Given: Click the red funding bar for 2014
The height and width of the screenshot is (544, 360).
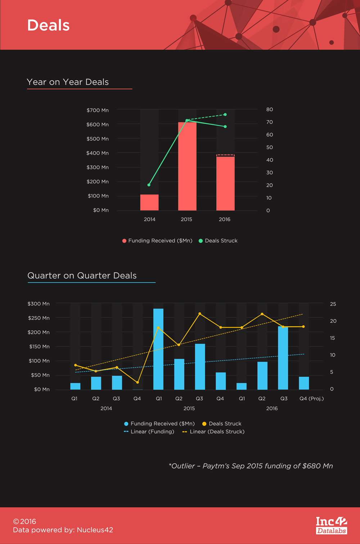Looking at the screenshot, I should click(x=149, y=202).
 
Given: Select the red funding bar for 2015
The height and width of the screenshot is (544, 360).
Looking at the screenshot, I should click(x=187, y=166).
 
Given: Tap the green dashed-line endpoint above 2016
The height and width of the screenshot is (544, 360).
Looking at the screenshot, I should click(x=225, y=115).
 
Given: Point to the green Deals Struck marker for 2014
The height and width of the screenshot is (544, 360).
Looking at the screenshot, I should click(x=149, y=185).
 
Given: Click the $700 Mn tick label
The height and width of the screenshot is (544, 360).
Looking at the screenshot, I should click(x=98, y=110).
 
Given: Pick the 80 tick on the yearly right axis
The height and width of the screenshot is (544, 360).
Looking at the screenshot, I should click(x=270, y=110).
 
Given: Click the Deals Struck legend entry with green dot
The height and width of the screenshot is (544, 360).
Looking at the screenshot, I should click(x=218, y=241).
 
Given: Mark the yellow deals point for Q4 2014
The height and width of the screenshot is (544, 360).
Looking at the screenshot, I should click(x=138, y=382).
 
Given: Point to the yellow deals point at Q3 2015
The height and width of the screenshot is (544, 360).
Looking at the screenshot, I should click(x=200, y=314).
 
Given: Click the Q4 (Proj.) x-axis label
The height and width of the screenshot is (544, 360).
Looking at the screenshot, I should click(x=312, y=398).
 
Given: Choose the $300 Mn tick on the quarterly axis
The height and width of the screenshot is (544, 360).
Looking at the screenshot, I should click(x=39, y=304).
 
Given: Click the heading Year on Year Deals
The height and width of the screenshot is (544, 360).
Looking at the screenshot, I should click(x=68, y=82).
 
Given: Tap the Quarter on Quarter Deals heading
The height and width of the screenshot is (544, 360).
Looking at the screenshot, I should click(x=82, y=276).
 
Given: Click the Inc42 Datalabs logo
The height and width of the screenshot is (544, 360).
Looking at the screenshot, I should click(x=332, y=525).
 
